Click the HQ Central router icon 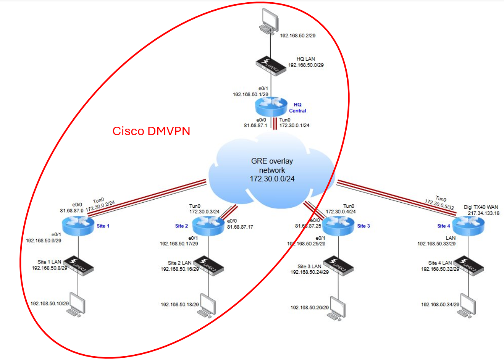(x=271, y=107)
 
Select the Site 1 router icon (x=78, y=226)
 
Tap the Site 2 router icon (x=208, y=226)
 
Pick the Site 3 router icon (x=338, y=226)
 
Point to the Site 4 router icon (x=469, y=226)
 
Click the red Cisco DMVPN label (x=151, y=131)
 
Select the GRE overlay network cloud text (x=272, y=170)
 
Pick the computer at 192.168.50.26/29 (x=338, y=308)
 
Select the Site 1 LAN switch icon (x=78, y=264)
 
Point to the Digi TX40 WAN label (x=481, y=207)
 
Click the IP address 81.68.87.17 (x=240, y=227)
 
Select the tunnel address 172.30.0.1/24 (x=294, y=125)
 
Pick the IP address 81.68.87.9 (x=71, y=210)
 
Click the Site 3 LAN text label (x=309, y=266)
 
